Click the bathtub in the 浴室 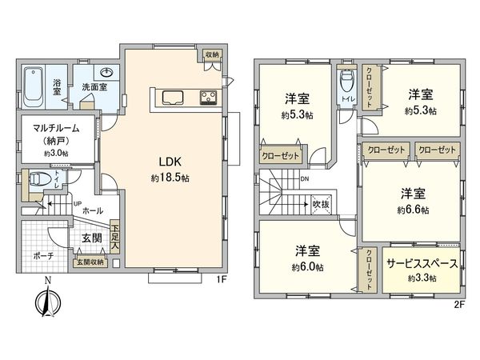[x=34, y=86]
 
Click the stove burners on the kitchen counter [x=207, y=98]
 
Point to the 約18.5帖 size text [x=168, y=177]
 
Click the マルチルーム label [x=55, y=127]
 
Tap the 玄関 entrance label [x=90, y=238]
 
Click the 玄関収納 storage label [x=90, y=262]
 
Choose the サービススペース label [x=422, y=263]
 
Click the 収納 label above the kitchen [x=211, y=54]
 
